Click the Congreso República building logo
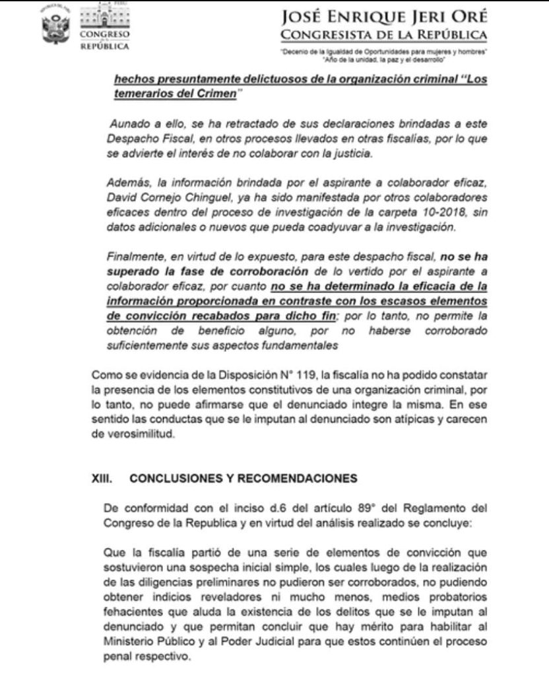(x=104, y=26)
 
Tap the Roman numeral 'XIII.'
(x=104, y=477)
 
